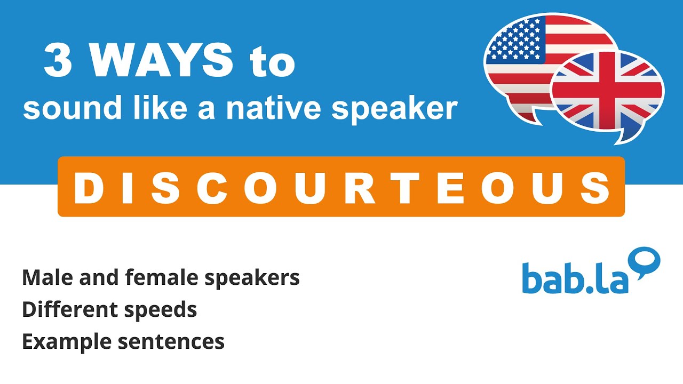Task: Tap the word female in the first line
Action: (152, 277)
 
